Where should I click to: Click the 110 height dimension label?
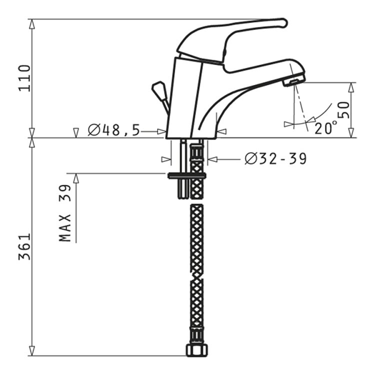[x=24, y=78]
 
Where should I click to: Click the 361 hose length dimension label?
[x=24, y=246]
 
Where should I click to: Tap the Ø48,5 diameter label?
[x=113, y=130]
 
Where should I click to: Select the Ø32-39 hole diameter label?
[x=275, y=158]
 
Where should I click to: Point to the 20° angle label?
[x=325, y=128]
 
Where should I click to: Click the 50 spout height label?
[x=344, y=110]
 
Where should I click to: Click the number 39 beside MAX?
[x=65, y=193]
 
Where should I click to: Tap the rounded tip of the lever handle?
[x=284, y=22]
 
